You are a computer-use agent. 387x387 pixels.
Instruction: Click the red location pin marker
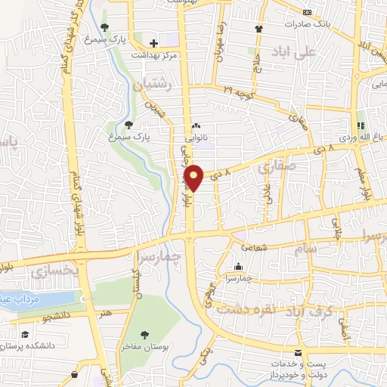pyautogui.click(x=195, y=177)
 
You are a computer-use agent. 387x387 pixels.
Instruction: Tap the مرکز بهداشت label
pyautogui.click(x=154, y=55)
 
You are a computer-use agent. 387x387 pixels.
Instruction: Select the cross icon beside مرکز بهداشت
pyautogui.click(x=153, y=42)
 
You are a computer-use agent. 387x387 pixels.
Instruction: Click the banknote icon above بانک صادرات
pyautogui.click(x=307, y=13)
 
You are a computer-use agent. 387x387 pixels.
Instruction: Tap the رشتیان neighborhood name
pyautogui.click(x=153, y=86)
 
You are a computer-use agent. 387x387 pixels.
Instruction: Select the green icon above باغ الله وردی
pyautogui.click(x=361, y=125)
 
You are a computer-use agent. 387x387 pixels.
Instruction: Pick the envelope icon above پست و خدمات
pyautogui.click(x=297, y=354)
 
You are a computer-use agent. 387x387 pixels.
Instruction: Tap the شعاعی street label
pyautogui.click(x=252, y=246)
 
